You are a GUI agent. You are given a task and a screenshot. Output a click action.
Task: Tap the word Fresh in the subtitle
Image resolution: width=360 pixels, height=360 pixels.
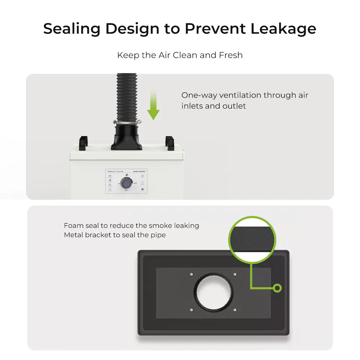231,55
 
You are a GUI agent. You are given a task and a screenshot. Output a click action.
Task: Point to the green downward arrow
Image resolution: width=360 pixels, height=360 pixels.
153,104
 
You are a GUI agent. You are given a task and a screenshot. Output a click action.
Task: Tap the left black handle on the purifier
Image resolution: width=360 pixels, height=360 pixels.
83,142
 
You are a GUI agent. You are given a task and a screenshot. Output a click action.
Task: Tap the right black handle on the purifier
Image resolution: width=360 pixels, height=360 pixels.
170,142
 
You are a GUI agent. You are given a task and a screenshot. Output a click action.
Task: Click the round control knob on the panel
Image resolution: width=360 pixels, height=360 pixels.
126,184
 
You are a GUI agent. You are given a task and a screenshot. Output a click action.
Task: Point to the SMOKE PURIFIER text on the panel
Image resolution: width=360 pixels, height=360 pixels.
140,172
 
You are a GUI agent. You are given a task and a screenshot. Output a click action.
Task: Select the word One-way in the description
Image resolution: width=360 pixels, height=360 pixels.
199,95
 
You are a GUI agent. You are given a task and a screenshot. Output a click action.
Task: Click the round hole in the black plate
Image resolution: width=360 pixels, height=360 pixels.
213,292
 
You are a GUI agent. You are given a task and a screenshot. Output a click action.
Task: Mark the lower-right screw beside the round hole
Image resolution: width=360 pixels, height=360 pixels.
235,309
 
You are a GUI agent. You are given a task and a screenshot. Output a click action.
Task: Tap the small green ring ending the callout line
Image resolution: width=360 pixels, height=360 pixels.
277,288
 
